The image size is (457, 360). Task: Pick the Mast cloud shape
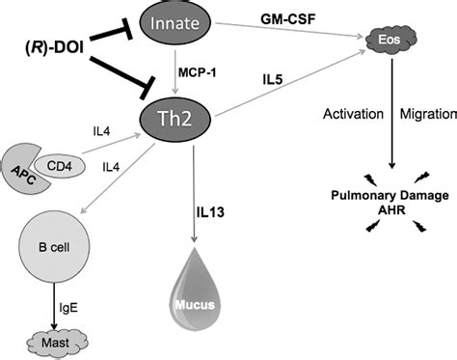point(55,340)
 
